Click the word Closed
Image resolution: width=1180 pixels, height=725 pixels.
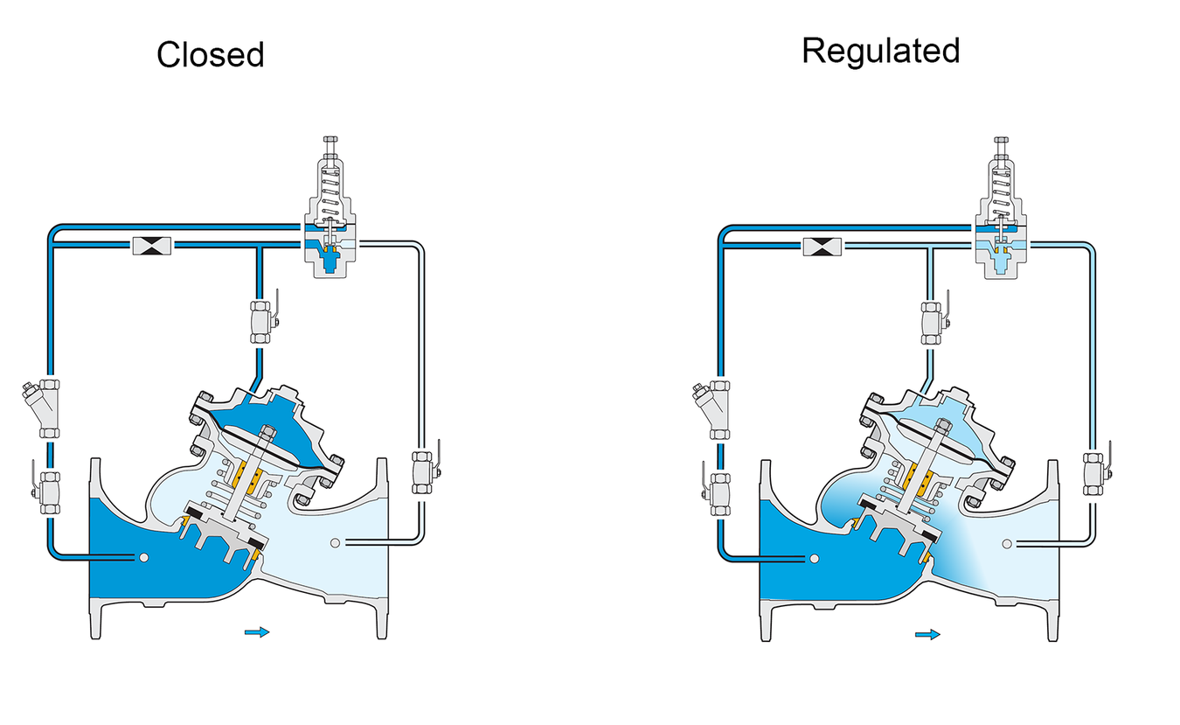210,55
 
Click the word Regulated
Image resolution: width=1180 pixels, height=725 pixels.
881,51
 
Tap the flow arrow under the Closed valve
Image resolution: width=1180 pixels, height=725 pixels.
257,632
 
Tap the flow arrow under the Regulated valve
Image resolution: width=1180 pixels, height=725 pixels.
927,634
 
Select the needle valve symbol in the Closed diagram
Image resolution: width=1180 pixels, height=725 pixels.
152,246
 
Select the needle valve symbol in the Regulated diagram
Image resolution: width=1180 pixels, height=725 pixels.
823,247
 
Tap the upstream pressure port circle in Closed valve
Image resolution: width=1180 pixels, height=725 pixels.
143,557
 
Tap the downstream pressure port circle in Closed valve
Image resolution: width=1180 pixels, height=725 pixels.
335,543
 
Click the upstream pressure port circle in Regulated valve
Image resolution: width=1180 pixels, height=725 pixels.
814,559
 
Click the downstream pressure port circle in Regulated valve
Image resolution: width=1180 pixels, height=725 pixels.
1007,544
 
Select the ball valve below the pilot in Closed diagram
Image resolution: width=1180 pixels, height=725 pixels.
262,322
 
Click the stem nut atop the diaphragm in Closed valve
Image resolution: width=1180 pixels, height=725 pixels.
268,432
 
